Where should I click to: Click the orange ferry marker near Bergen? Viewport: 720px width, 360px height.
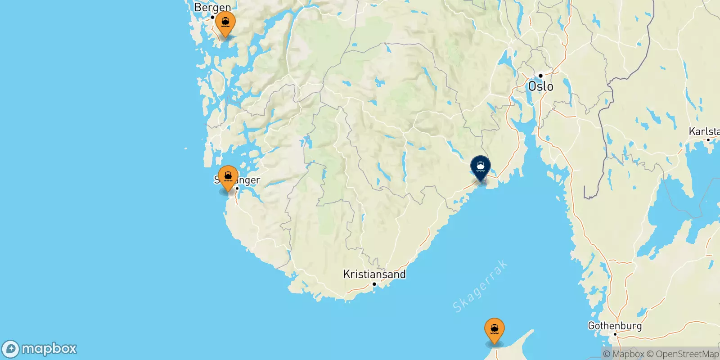(x=225, y=22)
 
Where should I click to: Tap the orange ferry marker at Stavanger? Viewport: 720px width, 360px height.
(x=228, y=177)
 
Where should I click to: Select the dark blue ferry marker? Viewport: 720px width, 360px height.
(x=480, y=167)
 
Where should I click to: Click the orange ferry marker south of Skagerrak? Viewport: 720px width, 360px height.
(x=494, y=329)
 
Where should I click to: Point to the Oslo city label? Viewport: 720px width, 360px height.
(x=540, y=86)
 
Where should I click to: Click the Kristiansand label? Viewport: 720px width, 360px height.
(x=374, y=274)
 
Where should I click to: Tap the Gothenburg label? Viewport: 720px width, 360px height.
(x=615, y=325)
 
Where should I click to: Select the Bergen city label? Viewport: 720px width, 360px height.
(x=212, y=7)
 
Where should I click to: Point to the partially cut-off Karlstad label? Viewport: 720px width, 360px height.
(x=704, y=131)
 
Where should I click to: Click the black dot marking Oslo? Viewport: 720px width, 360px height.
(x=540, y=76)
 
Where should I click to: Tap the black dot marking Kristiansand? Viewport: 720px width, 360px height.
(x=374, y=284)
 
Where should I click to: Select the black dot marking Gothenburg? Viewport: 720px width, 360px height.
(x=615, y=334)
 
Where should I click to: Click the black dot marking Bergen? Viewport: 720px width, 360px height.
(x=212, y=17)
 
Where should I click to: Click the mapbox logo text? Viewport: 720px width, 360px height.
(x=49, y=349)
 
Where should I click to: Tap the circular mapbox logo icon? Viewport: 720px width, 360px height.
(x=11, y=349)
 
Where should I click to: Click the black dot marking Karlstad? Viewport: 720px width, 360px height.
(x=708, y=140)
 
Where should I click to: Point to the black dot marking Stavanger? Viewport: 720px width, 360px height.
(x=237, y=188)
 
